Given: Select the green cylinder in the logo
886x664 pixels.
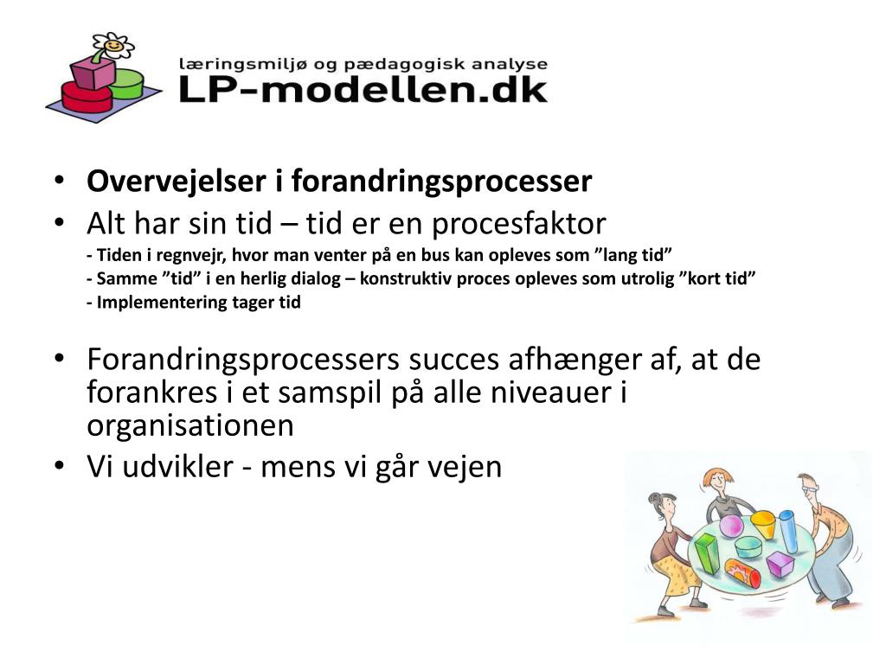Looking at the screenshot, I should pyautogui.click(x=127, y=82).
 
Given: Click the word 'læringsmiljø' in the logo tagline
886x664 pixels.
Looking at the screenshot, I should pyautogui.click(x=228, y=64).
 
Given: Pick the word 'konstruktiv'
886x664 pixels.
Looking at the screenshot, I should pyautogui.click(x=398, y=279).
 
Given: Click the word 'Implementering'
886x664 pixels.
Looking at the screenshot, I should pyautogui.click(x=147, y=303).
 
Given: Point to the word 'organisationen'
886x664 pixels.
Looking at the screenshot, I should pyautogui.click(x=190, y=425).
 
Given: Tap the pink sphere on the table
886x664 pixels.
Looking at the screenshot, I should pyautogui.click(x=731, y=525).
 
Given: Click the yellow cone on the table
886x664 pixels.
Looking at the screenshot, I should pyautogui.click(x=763, y=524).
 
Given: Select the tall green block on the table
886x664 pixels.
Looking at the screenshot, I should pyautogui.click(x=706, y=554).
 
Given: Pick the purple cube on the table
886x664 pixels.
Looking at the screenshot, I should pyautogui.click(x=780, y=565).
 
